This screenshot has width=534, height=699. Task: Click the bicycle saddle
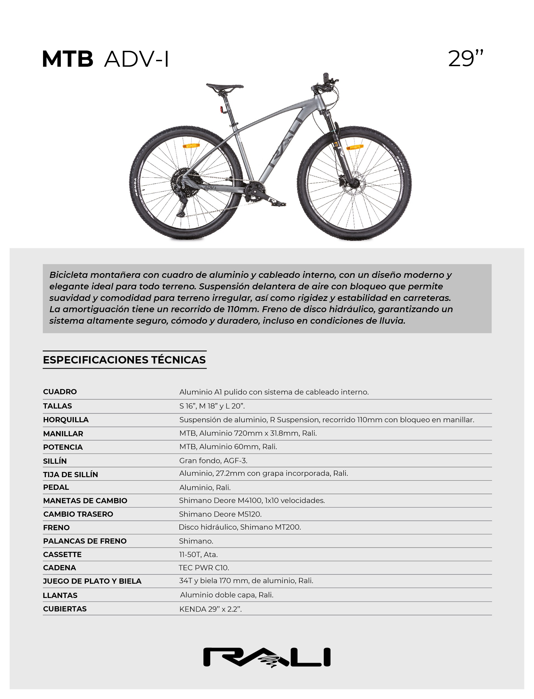tap(224, 86)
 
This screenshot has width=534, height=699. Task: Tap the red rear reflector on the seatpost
tap(221, 110)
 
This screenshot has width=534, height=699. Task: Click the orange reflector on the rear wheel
tap(191, 146)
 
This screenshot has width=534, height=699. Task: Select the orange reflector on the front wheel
tap(355, 147)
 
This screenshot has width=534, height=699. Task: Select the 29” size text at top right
tap(465, 58)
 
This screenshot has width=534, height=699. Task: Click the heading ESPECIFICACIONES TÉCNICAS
tap(124, 360)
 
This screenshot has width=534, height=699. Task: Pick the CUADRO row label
tap(60, 392)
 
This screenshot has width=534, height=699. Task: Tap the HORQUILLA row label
tap(66, 420)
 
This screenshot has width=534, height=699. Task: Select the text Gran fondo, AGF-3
tap(213, 460)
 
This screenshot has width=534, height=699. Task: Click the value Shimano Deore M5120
tap(220, 514)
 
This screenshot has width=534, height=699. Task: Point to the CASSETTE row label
tap(62, 555)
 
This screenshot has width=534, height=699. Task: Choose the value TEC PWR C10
tap(204, 568)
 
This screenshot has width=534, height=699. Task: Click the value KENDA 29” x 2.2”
tap(210, 609)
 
